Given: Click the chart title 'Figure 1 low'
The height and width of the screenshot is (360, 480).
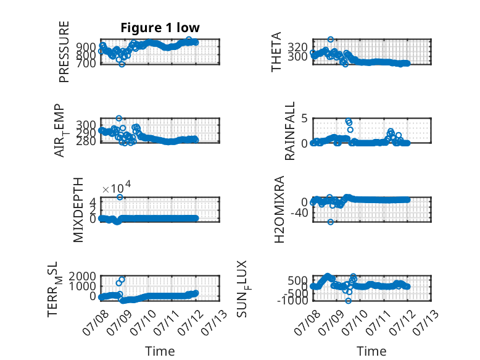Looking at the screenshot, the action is tap(160, 28).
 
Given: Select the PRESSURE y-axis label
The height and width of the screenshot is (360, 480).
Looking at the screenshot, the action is tap(64, 52).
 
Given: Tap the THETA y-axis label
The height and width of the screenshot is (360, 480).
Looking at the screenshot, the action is tap(276, 52).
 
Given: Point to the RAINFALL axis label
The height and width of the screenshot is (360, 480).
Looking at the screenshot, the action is tap(289, 131).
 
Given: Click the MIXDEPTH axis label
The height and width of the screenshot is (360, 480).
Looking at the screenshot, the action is tap(78, 210).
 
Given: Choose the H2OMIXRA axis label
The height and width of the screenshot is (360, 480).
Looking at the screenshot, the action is tap(279, 209).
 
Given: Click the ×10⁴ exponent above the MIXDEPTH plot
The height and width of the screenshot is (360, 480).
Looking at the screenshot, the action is tap(117, 188).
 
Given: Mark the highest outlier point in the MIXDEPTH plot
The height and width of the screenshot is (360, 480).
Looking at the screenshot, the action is tap(120, 197).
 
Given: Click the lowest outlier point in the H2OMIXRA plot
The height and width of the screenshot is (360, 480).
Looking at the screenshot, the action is tap(330, 222).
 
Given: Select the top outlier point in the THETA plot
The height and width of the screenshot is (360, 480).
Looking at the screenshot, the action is tap(330, 40).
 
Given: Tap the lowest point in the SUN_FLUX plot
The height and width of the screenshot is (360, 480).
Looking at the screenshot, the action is tap(348, 301).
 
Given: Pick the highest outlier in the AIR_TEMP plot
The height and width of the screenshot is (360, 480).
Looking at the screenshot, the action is tap(119, 119).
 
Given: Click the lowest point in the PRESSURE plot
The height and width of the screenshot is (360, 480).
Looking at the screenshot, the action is tap(122, 64).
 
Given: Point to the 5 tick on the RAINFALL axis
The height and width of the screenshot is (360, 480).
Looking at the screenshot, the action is tap(304, 119).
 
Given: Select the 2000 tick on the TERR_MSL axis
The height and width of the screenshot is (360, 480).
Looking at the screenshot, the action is tap(82, 277).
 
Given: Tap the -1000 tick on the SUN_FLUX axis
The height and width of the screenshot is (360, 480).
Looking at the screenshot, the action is tap(292, 301).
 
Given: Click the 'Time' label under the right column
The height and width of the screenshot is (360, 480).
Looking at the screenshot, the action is tap(371, 351).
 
